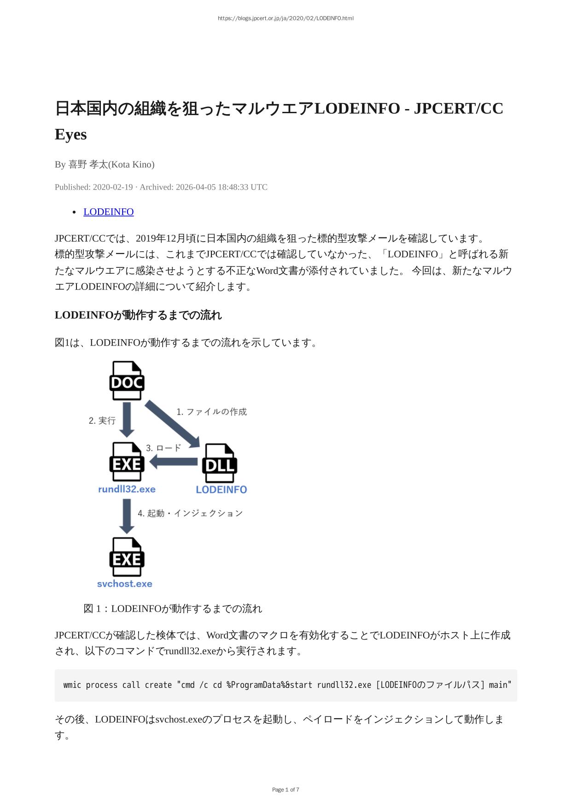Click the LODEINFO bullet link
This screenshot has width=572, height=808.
pos(108,212)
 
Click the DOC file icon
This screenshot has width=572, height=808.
pos(127,381)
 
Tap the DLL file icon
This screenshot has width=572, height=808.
pos(220,463)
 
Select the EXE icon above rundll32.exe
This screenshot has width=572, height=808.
pos(127,462)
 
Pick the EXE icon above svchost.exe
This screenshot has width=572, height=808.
pos(127,557)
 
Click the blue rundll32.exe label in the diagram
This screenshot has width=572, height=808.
pos(127,489)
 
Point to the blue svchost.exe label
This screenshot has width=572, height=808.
pos(124,584)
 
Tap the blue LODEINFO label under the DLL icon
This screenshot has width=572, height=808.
pos(221,490)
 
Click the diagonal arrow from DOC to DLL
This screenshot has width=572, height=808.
pos(172,423)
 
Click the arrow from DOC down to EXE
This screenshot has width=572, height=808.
pos(127,419)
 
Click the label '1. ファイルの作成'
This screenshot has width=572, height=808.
pos(211,412)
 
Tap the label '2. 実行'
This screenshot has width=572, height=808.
pos(102,421)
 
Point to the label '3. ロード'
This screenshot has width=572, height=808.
pos(163,448)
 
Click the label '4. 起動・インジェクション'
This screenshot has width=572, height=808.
pos(190,513)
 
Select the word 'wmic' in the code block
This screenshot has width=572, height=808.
pos(72,685)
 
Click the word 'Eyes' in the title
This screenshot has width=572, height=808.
pos(70,134)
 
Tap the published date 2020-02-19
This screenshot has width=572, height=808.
pos(112,187)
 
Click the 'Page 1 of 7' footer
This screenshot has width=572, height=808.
pos(286,790)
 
